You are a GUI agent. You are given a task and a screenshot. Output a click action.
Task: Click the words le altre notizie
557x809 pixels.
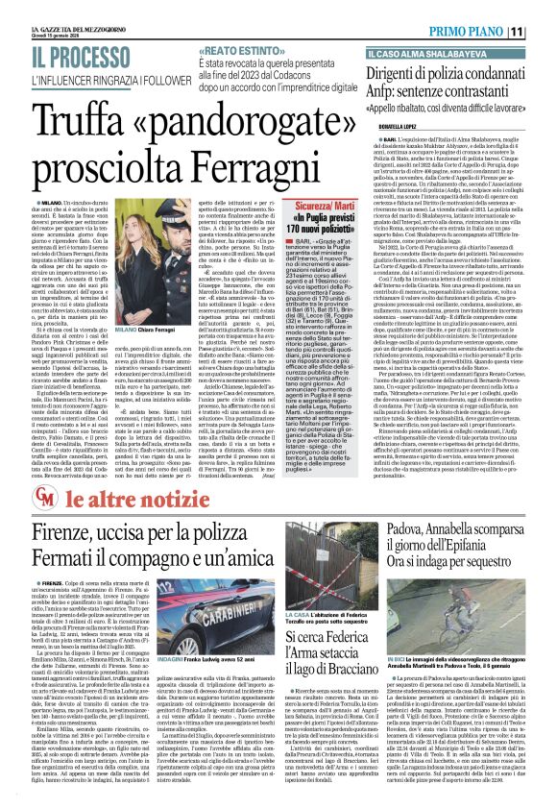104,497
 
